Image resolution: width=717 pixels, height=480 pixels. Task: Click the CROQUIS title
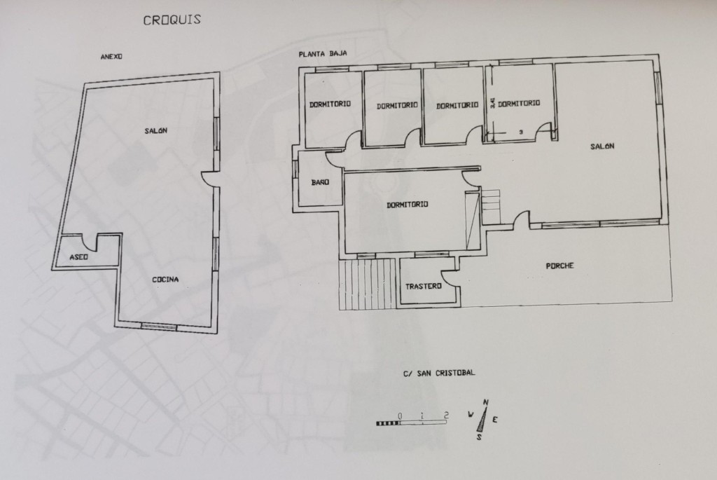[172, 20]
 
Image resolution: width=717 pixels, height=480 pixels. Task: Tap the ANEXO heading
[111, 57]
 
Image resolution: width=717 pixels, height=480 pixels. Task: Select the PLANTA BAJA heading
[323, 53]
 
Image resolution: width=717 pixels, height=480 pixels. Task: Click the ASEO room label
[78, 257]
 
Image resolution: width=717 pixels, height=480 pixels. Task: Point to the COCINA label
[165, 280]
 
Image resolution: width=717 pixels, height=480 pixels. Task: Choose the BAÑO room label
[320, 182]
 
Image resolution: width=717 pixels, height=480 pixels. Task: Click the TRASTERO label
[424, 287]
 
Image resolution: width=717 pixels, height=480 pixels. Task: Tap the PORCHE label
[559, 266]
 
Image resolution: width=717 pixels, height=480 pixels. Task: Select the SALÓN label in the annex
[156, 131]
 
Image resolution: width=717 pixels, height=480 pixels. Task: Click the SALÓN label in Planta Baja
[602, 146]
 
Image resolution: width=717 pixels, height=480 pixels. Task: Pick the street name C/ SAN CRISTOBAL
[439, 373]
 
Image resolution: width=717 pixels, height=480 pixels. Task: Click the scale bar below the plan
[411, 423]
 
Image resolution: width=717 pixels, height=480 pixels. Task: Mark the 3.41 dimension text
[492, 103]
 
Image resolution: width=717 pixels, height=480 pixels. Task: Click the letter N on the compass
[486, 403]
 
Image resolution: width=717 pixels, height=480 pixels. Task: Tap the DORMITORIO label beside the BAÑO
[408, 205]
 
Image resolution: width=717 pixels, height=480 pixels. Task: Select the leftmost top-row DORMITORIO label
[330, 104]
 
